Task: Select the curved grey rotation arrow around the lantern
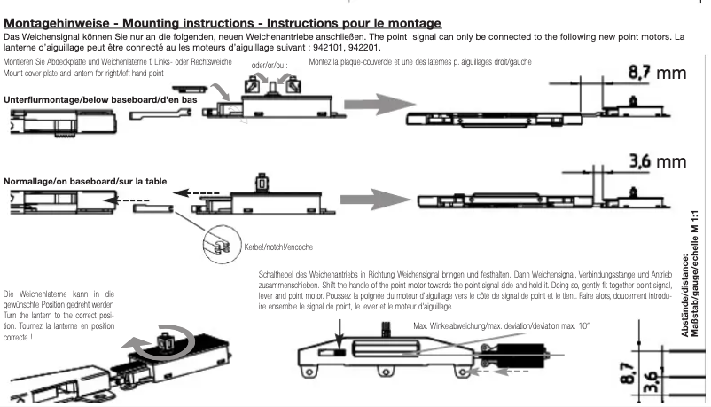pos(165,341)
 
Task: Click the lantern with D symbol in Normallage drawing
pos(262,184)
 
